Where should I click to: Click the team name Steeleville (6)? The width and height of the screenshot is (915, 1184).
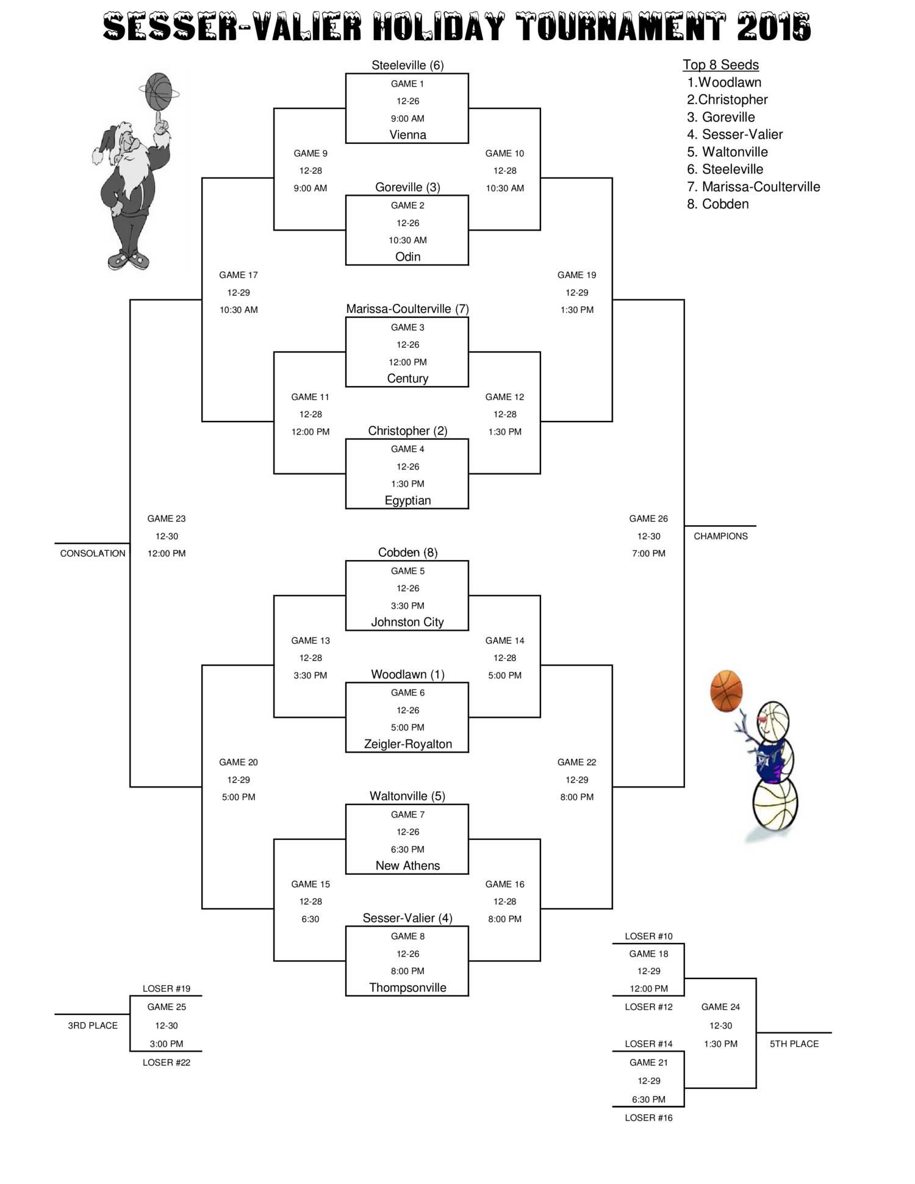407,65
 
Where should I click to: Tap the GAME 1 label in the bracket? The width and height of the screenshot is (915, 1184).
407,84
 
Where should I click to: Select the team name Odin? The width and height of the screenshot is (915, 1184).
407,257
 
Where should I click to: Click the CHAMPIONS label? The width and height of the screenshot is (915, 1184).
720,536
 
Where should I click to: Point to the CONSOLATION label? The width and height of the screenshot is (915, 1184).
93,553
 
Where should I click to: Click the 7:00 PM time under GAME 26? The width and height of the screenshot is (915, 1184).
648,553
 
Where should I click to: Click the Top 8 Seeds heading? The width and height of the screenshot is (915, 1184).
720,65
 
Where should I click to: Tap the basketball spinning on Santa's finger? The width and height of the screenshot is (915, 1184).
159,90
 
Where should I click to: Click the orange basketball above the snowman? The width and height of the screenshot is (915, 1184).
726,691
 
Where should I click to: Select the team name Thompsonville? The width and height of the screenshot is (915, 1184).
407,988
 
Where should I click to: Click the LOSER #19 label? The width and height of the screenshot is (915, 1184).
167,988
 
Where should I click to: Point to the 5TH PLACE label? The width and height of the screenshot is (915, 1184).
794,1044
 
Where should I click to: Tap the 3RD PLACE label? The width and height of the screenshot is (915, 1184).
93,1025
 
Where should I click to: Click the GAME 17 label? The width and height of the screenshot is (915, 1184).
239,275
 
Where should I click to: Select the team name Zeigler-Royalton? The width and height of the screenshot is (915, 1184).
407,744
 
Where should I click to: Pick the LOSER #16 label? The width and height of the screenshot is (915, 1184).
648,1118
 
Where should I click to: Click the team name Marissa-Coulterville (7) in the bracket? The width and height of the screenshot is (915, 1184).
407,309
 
